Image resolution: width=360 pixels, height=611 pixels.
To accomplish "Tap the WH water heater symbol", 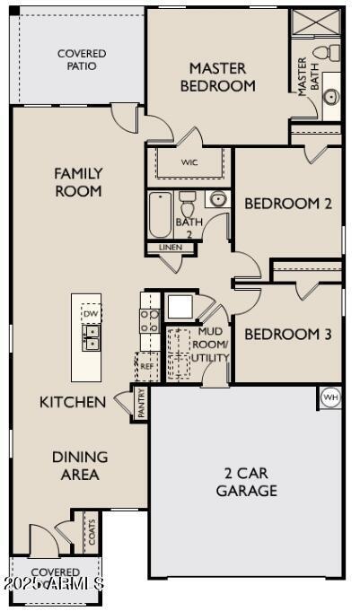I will [x=329, y=397].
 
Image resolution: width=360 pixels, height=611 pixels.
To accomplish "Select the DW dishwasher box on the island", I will [x=90, y=314].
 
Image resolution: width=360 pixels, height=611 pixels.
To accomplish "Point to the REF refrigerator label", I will [x=146, y=367].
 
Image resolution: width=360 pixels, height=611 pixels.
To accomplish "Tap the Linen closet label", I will [x=170, y=247].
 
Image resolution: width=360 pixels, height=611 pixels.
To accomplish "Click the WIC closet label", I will [x=189, y=162].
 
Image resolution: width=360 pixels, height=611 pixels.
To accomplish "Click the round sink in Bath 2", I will [x=216, y=199].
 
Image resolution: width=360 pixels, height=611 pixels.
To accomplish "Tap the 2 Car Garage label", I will [x=246, y=482].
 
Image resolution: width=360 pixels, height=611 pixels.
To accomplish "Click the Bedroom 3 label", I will [x=288, y=335].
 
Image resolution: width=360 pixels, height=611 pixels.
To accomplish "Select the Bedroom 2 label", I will [x=288, y=204].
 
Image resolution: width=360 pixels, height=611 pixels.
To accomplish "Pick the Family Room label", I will [x=78, y=181].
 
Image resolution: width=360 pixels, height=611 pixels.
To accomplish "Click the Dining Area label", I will [x=79, y=466].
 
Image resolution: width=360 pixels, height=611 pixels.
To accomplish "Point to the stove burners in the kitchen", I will [x=149, y=320].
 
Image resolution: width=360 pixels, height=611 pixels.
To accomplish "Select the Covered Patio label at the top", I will [x=82, y=60].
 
